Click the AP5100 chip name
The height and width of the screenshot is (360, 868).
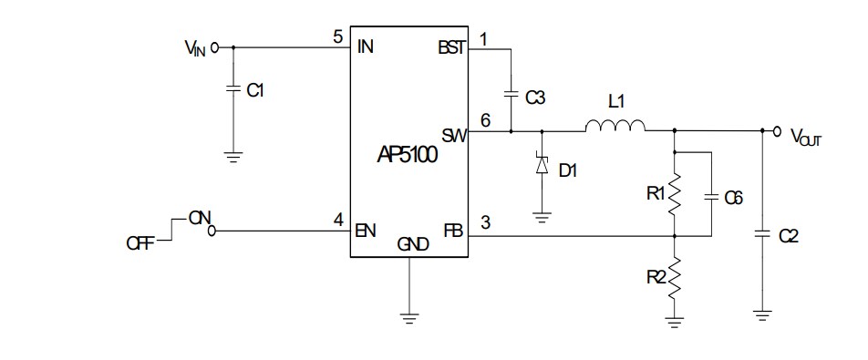pyautogui.click(x=408, y=155)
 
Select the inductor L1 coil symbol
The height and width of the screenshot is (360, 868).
pyautogui.click(x=615, y=127)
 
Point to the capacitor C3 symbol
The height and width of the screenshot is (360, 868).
pyautogui.click(x=511, y=94)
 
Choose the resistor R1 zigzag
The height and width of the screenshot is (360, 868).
pyautogui.click(x=675, y=193)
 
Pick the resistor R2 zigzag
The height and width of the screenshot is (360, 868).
pyautogui.click(x=675, y=280)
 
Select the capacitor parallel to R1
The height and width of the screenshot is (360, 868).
pyautogui.click(x=710, y=197)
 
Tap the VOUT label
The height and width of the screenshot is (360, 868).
pyautogui.click(x=806, y=137)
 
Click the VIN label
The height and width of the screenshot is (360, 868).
pyautogui.click(x=193, y=48)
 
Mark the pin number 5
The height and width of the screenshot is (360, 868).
pyautogui.click(x=338, y=37)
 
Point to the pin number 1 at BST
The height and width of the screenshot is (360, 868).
pyautogui.click(x=482, y=38)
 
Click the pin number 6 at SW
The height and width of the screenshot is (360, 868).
pyautogui.click(x=484, y=119)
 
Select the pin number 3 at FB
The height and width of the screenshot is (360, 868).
pyautogui.click(x=484, y=220)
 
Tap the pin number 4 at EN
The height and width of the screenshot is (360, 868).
pyautogui.click(x=338, y=220)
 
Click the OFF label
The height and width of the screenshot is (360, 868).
pyautogui.click(x=140, y=242)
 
